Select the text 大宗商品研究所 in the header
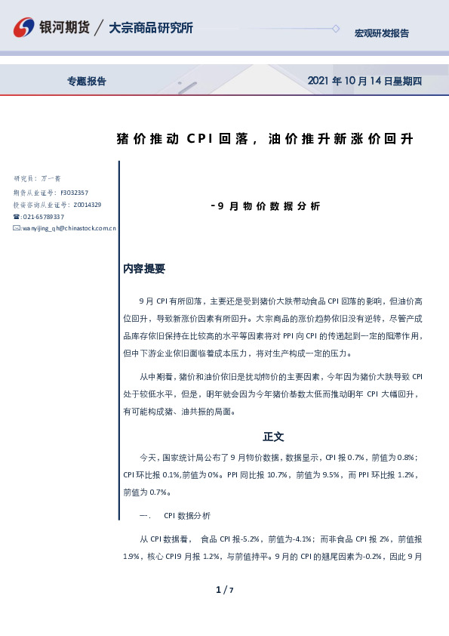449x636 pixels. coord(151,28)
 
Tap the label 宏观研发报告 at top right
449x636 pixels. coord(382,33)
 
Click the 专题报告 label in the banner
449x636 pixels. coord(87,81)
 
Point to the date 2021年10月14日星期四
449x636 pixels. coord(364,81)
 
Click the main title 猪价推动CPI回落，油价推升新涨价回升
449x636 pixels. coord(265,139)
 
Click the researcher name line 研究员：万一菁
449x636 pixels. coord(37,179)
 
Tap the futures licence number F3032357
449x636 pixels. coord(75,193)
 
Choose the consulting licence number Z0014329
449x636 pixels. coord(86,205)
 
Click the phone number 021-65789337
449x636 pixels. coord(43,217)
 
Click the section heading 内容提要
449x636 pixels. coord(144,269)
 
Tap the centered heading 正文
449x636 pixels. coord(273,437)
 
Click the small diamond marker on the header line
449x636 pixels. coord(336,29)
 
